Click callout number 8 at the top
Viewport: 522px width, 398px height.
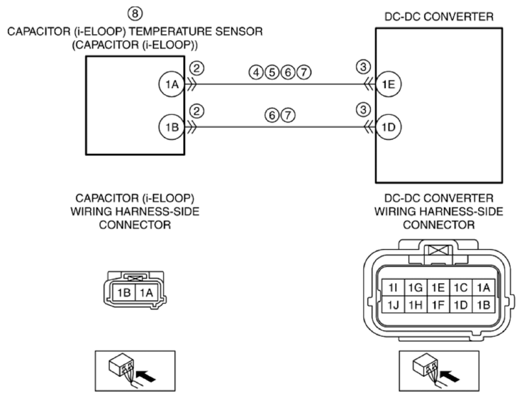(135, 13)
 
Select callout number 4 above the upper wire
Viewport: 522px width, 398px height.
(256, 72)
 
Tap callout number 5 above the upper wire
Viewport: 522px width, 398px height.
(272, 72)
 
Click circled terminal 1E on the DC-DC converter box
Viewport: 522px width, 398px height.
(389, 84)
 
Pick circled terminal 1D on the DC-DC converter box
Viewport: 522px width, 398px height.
(389, 127)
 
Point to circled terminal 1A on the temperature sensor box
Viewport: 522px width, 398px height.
(172, 84)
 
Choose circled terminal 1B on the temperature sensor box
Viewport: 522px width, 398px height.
(172, 127)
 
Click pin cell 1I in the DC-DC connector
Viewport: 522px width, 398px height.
(393, 287)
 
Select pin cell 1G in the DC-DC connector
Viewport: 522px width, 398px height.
(416, 287)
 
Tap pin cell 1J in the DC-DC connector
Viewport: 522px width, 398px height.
(393, 304)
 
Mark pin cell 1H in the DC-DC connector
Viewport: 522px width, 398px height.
(416, 304)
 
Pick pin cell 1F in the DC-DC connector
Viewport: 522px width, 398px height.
(438, 304)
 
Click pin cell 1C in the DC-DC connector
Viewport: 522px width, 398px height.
(461, 287)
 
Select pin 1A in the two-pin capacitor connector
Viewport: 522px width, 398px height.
(146, 293)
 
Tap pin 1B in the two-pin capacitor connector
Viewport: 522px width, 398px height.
(124, 293)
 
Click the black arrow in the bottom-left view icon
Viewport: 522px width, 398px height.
(146, 376)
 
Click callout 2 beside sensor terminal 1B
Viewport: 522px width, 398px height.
(196, 111)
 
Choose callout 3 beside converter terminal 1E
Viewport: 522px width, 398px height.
(363, 67)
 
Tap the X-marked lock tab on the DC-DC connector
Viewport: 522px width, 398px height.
(438, 250)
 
